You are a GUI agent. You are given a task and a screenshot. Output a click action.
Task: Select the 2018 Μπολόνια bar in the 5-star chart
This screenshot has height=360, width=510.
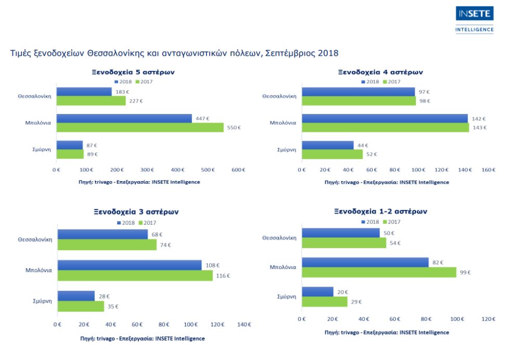[x=124, y=118]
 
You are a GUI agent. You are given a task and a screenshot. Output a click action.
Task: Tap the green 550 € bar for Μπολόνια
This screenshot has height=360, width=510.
[x=140, y=127]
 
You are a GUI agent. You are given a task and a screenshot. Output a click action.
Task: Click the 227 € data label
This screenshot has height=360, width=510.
[x=136, y=101]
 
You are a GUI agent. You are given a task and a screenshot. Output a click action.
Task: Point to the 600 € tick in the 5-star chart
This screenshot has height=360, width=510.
[x=238, y=170]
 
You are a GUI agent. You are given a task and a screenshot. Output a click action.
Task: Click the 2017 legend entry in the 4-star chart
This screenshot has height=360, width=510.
[x=392, y=82]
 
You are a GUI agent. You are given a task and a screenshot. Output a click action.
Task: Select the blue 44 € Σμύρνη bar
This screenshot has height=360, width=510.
[x=327, y=145]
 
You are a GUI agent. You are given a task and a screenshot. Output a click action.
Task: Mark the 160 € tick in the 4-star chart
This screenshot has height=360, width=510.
[x=488, y=170]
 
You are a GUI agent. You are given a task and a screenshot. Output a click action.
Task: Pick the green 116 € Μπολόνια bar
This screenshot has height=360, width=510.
[x=135, y=276]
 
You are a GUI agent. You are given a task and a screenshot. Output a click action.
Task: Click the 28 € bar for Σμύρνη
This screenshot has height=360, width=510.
[x=76, y=296]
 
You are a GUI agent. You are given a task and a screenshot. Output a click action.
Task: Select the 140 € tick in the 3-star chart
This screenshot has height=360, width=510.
[x=244, y=325]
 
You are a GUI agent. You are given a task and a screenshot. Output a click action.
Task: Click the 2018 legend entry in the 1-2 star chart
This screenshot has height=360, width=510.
[x=370, y=222]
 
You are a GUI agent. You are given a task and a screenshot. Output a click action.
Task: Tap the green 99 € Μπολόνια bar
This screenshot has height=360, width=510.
[x=378, y=272]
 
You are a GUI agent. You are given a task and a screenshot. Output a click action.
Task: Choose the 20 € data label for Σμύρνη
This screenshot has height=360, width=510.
[x=342, y=292]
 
